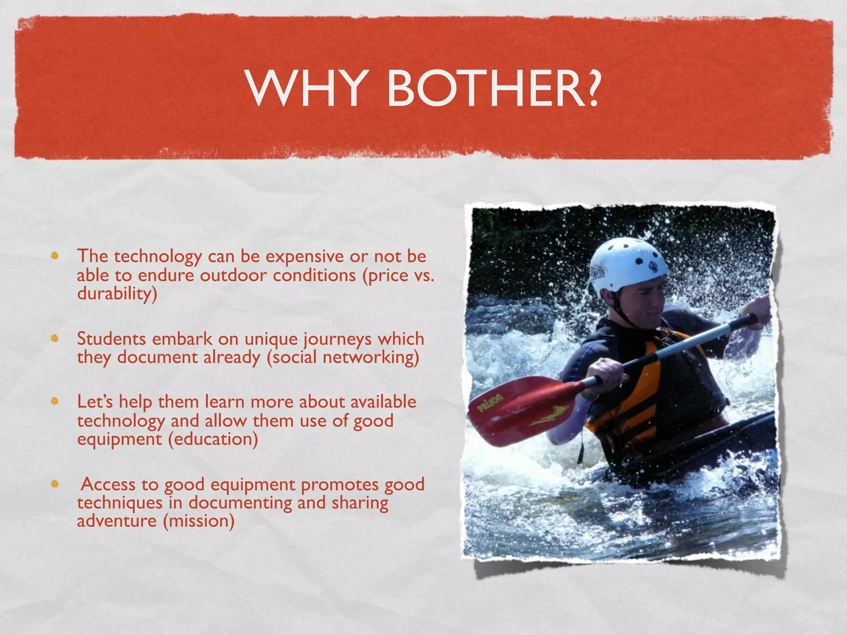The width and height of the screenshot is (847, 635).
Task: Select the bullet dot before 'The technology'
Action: click(54, 255)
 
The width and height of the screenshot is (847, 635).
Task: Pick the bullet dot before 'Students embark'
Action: click(54, 339)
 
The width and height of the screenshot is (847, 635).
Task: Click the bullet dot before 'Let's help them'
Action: click(54, 401)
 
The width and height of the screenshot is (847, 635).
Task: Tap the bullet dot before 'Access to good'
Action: click(54, 483)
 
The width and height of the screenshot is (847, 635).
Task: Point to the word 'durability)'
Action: click(117, 294)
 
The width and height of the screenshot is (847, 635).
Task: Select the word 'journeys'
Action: click(337, 339)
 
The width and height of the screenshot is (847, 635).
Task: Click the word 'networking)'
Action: click(371, 357)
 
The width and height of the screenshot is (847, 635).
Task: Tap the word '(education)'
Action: click(213, 439)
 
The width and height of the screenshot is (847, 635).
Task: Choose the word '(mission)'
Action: click(199, 520)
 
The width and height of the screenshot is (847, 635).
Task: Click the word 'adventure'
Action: click(117, 520)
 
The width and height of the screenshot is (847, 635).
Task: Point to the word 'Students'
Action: click(111, 339)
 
